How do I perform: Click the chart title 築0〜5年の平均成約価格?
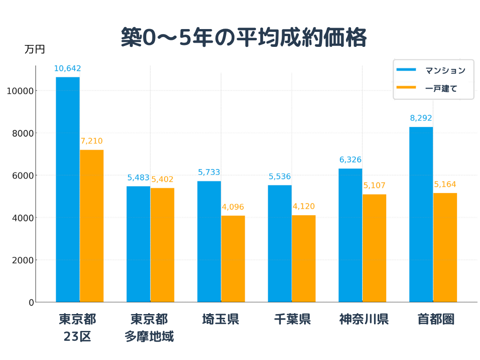click(x=243, y=37)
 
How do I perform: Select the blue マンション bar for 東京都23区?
click(x=67, y=190)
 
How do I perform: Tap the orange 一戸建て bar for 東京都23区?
click(x=91, y=226)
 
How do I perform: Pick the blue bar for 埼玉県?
click(x=209, y=241)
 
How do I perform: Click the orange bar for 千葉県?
click(x=304, y=258)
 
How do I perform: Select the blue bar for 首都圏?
click(x=421, y=215)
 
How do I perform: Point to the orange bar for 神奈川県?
click(x=374, y=248)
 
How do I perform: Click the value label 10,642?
click(x=67, y=69)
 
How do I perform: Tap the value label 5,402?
click(x=162, y=179)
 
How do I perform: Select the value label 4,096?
click(x=233, y=207)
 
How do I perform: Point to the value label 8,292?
click(x=421, y=118)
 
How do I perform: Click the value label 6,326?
click(x=350, y=160)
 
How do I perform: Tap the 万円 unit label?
click(x=35, y=49)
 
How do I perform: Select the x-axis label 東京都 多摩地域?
click(x=149, y=328)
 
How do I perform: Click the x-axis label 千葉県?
click(x=292, y=320)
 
